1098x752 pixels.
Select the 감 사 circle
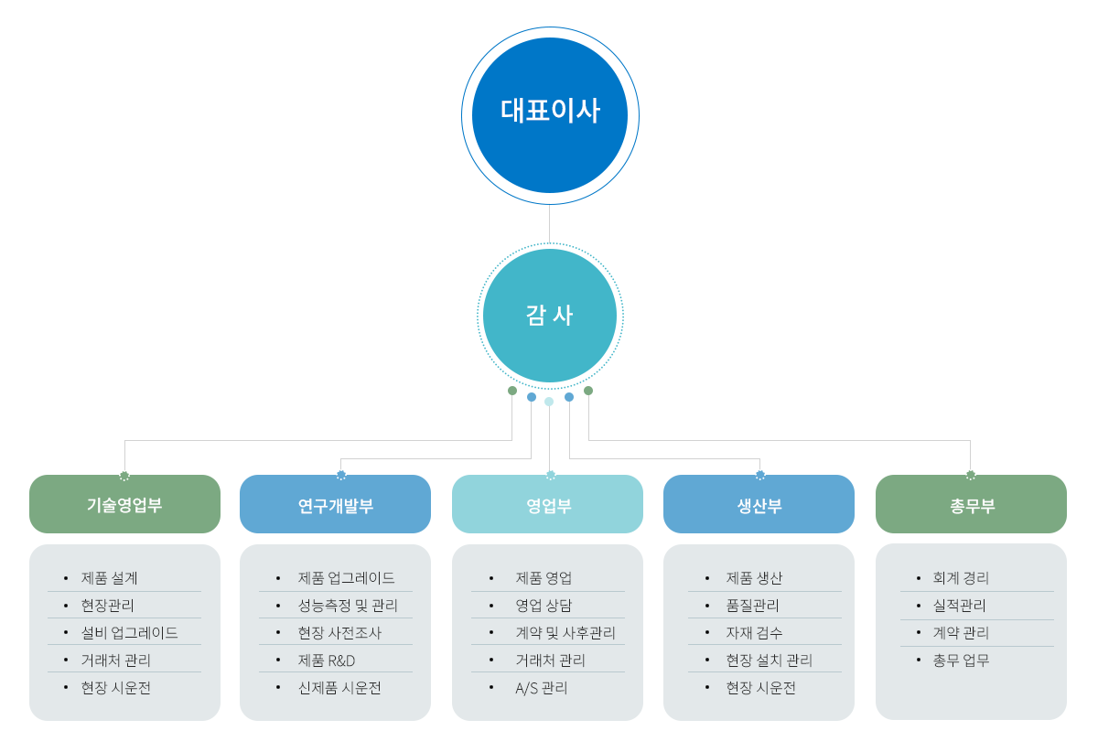(549, 316)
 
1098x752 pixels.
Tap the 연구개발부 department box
(335, 505)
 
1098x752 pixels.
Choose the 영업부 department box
(547, 505)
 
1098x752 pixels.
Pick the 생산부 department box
(759, 505)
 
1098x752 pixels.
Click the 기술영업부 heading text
(124, 505)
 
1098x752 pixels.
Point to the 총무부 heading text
(971, 505)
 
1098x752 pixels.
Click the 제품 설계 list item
(110, 578)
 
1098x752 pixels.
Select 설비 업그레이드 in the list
(129, 633)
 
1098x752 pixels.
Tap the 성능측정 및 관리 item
(348, 606)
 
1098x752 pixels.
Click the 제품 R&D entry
(326, 661)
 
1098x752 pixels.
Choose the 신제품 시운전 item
(339, 688)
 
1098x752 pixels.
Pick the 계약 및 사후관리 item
(565, 633)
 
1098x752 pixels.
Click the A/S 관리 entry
(542, 688)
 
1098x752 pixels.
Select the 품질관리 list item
(753, 606)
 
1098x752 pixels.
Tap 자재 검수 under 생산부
(755, 633)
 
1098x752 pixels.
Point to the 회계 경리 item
(961, 578)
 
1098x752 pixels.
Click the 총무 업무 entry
(961, 661)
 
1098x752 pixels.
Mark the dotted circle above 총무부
(971, 475)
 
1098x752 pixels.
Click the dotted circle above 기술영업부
(124, 475)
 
